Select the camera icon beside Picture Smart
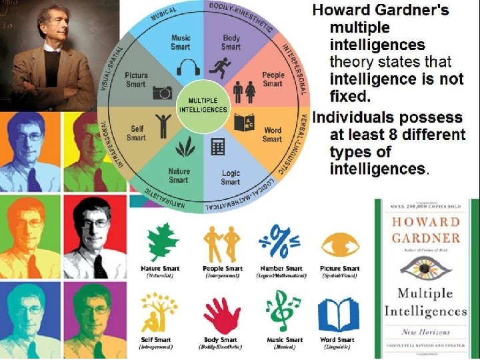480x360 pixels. click(162, 93)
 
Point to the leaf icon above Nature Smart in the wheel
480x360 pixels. click(179, 147)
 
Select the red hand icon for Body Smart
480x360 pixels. click(221, 313)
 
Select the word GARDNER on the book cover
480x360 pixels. click(425, 238)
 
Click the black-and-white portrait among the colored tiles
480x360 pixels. click(95, 237)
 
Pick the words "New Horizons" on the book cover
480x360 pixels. click(426, 332)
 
